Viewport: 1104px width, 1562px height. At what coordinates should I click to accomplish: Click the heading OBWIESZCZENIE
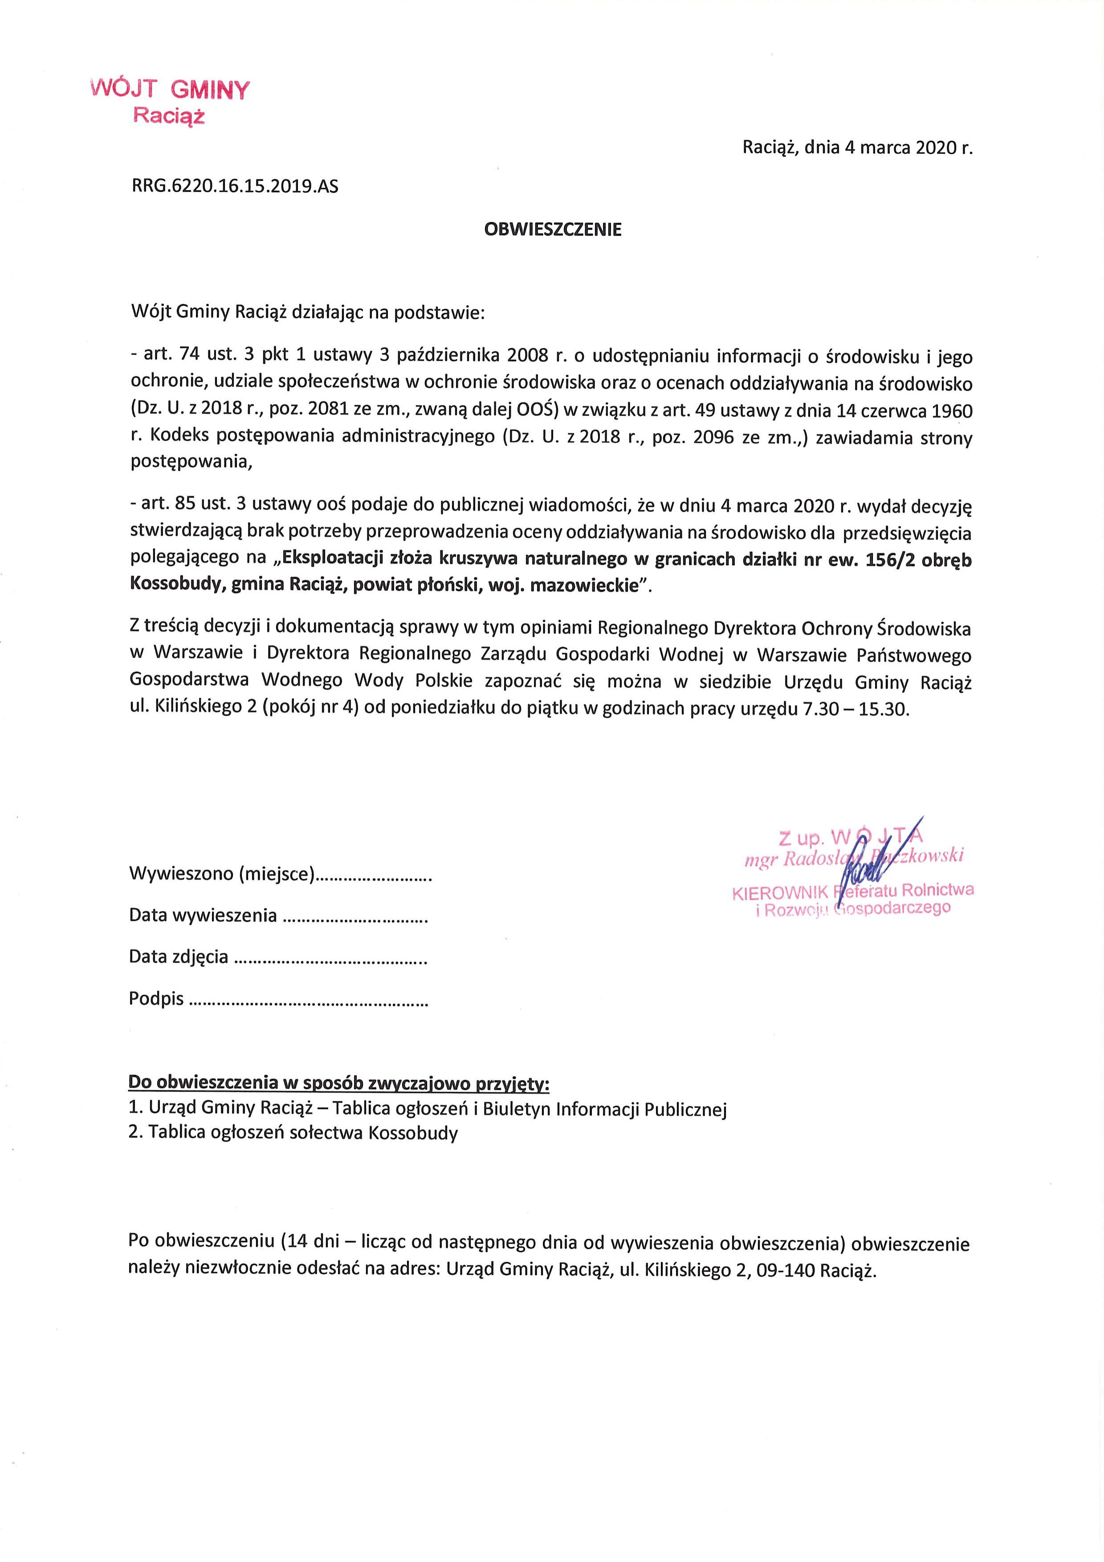[552, 229]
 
